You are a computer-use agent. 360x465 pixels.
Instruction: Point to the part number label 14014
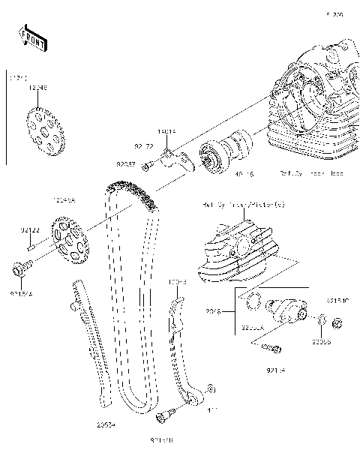166,131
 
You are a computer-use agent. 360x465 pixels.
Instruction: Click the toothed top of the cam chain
131,191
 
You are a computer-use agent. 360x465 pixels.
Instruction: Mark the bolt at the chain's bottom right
166,412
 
